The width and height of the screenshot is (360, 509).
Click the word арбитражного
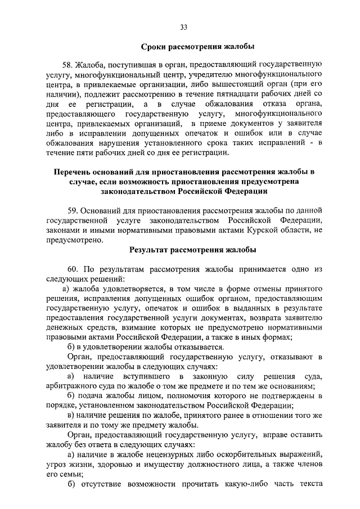pyautogui.click(x=71, y=385)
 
